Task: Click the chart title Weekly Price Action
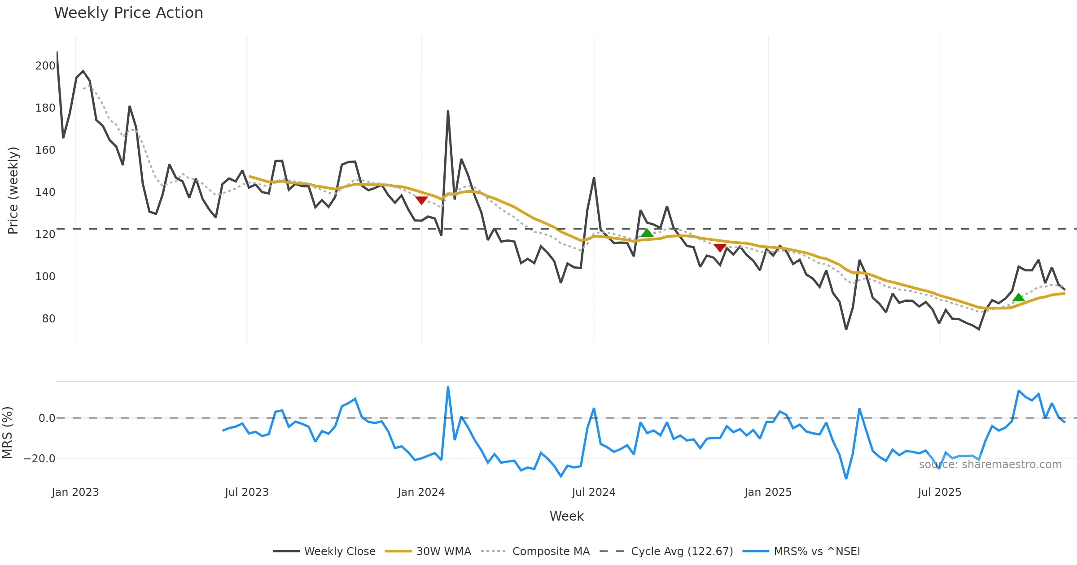tap(128, 13)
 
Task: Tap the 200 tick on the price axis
tap(45, 66)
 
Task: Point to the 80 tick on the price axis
tap(48, 319)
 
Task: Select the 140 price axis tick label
tap(45, 192)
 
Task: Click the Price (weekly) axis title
tap(13, 191)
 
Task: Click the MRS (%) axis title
tap(7, 432)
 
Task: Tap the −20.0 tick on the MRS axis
tap(39, 459)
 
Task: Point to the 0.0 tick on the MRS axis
tap(47, 418)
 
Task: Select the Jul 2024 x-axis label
tap(593, 492)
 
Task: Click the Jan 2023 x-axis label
tap(75, 492)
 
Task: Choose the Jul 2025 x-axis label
tap(939, 492)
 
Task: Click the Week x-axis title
tap(566, 517)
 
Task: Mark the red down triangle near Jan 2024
tap(421, 200)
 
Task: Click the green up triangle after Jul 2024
tap(647, 233)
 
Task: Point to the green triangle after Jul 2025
tap(1018, 297)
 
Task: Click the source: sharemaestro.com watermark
tap(990, 465)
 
